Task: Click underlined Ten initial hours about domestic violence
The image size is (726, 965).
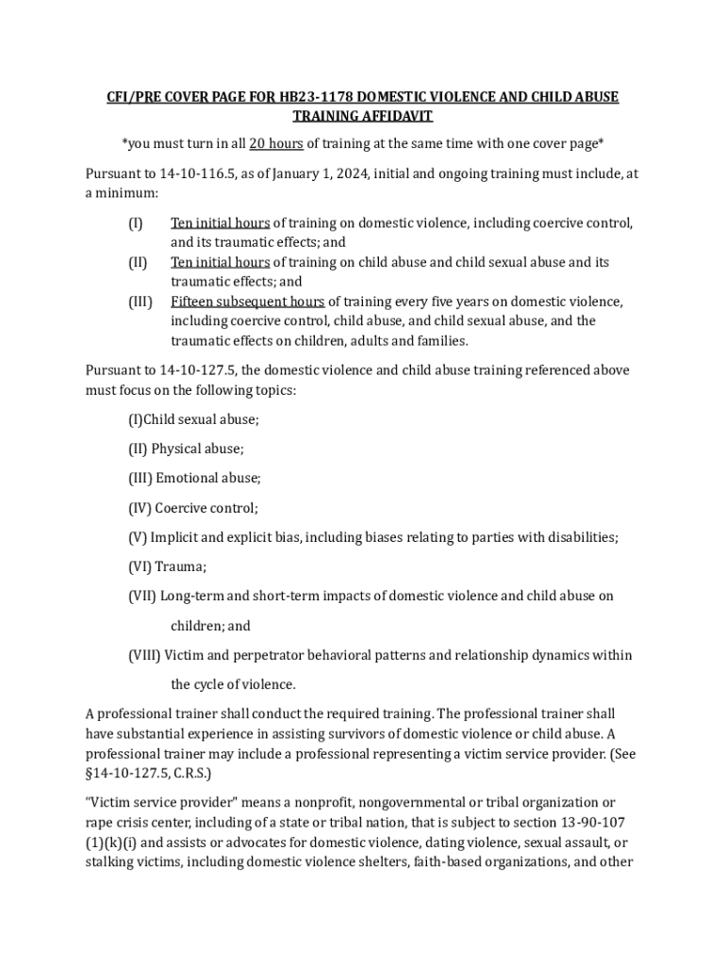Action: pyautogui.click(x=220, y=223)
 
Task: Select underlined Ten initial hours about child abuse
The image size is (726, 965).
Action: pyautogui.click(x=220, y=262)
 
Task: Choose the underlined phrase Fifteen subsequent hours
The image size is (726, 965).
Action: pyautogui.click(x=247, y=302)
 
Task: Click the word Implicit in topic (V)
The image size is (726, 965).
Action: pyautogui.click(x=174, y=537)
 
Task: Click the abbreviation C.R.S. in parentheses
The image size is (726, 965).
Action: pyautogui.click(x=191, y=773)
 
